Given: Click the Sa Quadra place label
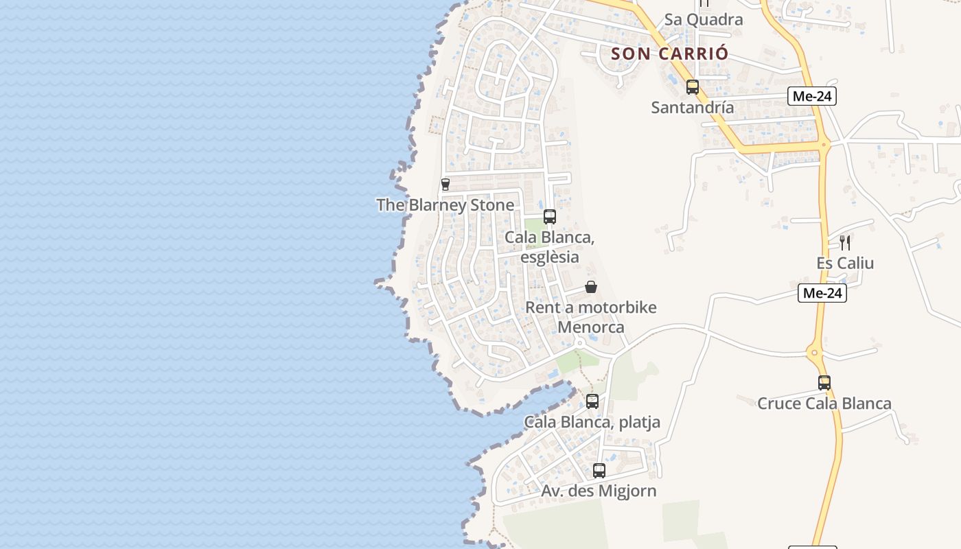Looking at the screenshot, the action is pos(703,19).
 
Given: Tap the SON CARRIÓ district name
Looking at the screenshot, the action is pos(669,54).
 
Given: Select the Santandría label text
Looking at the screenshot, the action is pos(693,108).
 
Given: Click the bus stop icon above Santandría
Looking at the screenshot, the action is pos(693,87).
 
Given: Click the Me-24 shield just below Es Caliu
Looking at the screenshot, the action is pos(822,294).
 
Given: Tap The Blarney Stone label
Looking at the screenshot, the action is pos(445,205).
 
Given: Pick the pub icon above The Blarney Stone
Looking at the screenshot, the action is pos(445,184).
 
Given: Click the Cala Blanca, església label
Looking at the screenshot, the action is pos(549,247).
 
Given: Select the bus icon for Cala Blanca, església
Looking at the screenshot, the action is pos(550,217).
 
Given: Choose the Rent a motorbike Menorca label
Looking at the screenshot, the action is pos(590,317).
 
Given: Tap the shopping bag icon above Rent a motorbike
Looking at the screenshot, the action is pos(591,287).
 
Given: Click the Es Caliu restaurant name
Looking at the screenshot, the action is pos(845,264).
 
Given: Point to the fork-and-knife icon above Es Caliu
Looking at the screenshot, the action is pos(845,242).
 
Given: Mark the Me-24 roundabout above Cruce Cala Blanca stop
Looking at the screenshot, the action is pos(815,354).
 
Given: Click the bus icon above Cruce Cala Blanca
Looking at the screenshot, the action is pos(824,383).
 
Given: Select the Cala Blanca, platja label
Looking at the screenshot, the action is pos(592,422).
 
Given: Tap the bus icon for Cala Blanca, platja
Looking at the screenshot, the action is pos(592,401).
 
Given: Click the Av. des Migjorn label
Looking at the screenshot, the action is pos(599,491).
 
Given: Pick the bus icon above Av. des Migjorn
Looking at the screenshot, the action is pos(599,470).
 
